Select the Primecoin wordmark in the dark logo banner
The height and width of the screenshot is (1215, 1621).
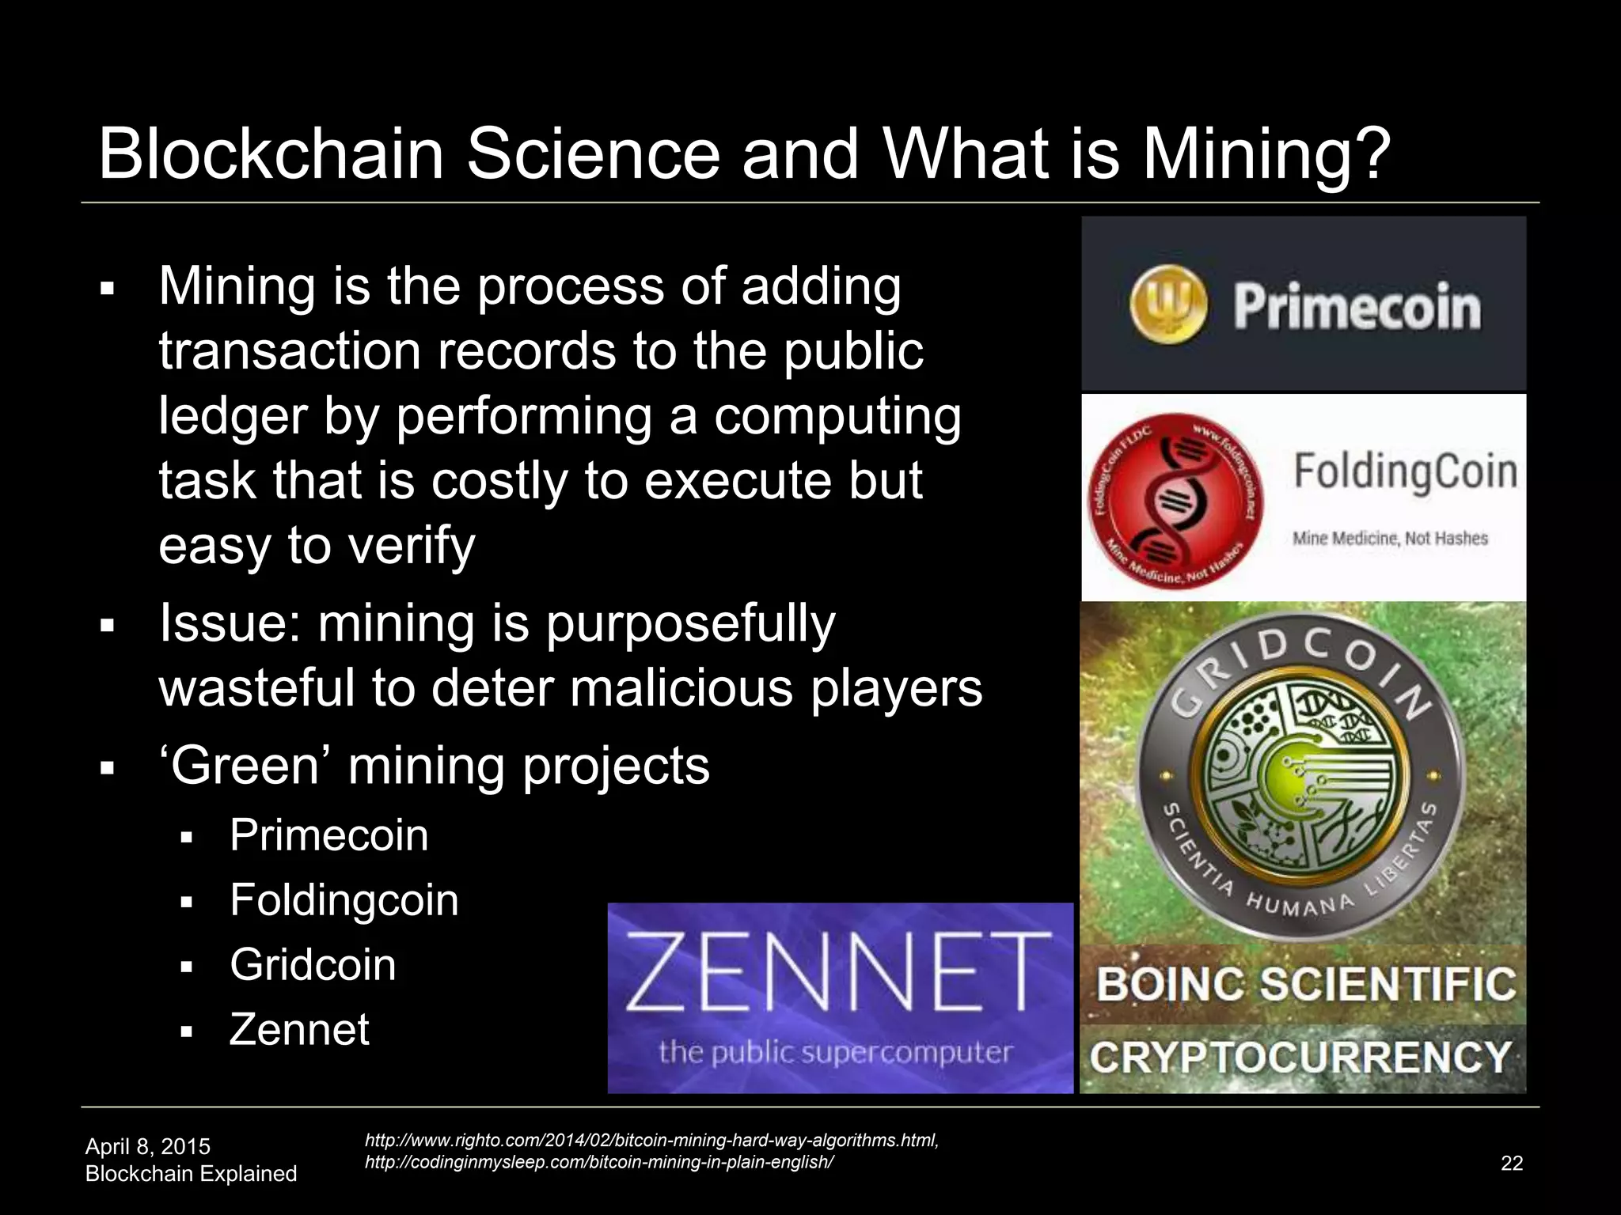(x=1357, y=306)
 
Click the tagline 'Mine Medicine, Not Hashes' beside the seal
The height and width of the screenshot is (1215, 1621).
(x=1390, y=539)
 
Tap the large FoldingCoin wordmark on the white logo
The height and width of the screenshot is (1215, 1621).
(x=1405, y=471)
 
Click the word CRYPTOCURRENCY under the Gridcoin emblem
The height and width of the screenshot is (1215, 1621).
(x=1300, y=1058)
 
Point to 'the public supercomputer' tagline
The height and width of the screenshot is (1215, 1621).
(x=836, y=1052)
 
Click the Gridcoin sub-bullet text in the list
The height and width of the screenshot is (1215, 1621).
(x=313, y=965)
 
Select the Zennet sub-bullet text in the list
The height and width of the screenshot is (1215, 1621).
(x=299, y=1030)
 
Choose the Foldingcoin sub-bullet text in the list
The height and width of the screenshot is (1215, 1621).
(x=344, y=900)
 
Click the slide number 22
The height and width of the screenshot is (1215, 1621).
(x=1512, y=1163)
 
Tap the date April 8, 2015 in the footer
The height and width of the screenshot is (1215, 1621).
(x=148, y=1146)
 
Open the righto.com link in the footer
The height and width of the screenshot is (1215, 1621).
(x=651, y=1140)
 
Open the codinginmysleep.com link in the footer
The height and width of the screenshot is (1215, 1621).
(x=598, y=1162)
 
